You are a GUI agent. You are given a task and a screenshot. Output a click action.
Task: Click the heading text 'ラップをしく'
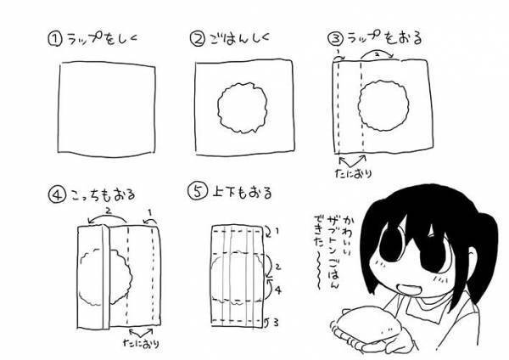(x=102, y=40)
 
